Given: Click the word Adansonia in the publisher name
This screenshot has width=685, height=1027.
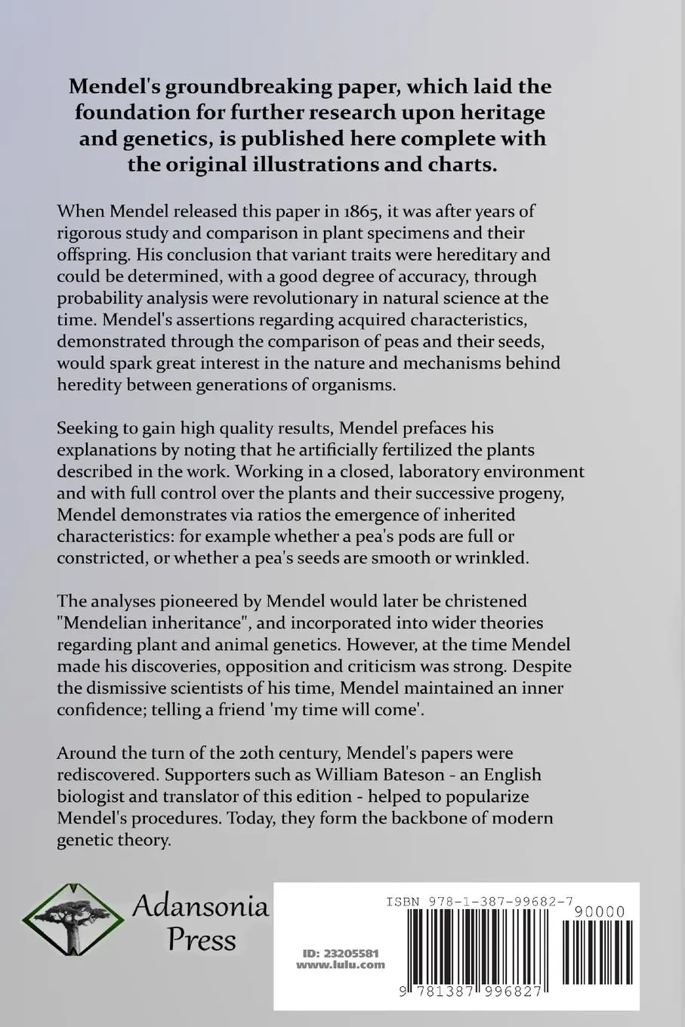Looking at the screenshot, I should pyautogui.click(x=201, y=905).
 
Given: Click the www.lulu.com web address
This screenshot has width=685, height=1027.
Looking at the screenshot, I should pyautogui.click(x=340, y=964).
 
